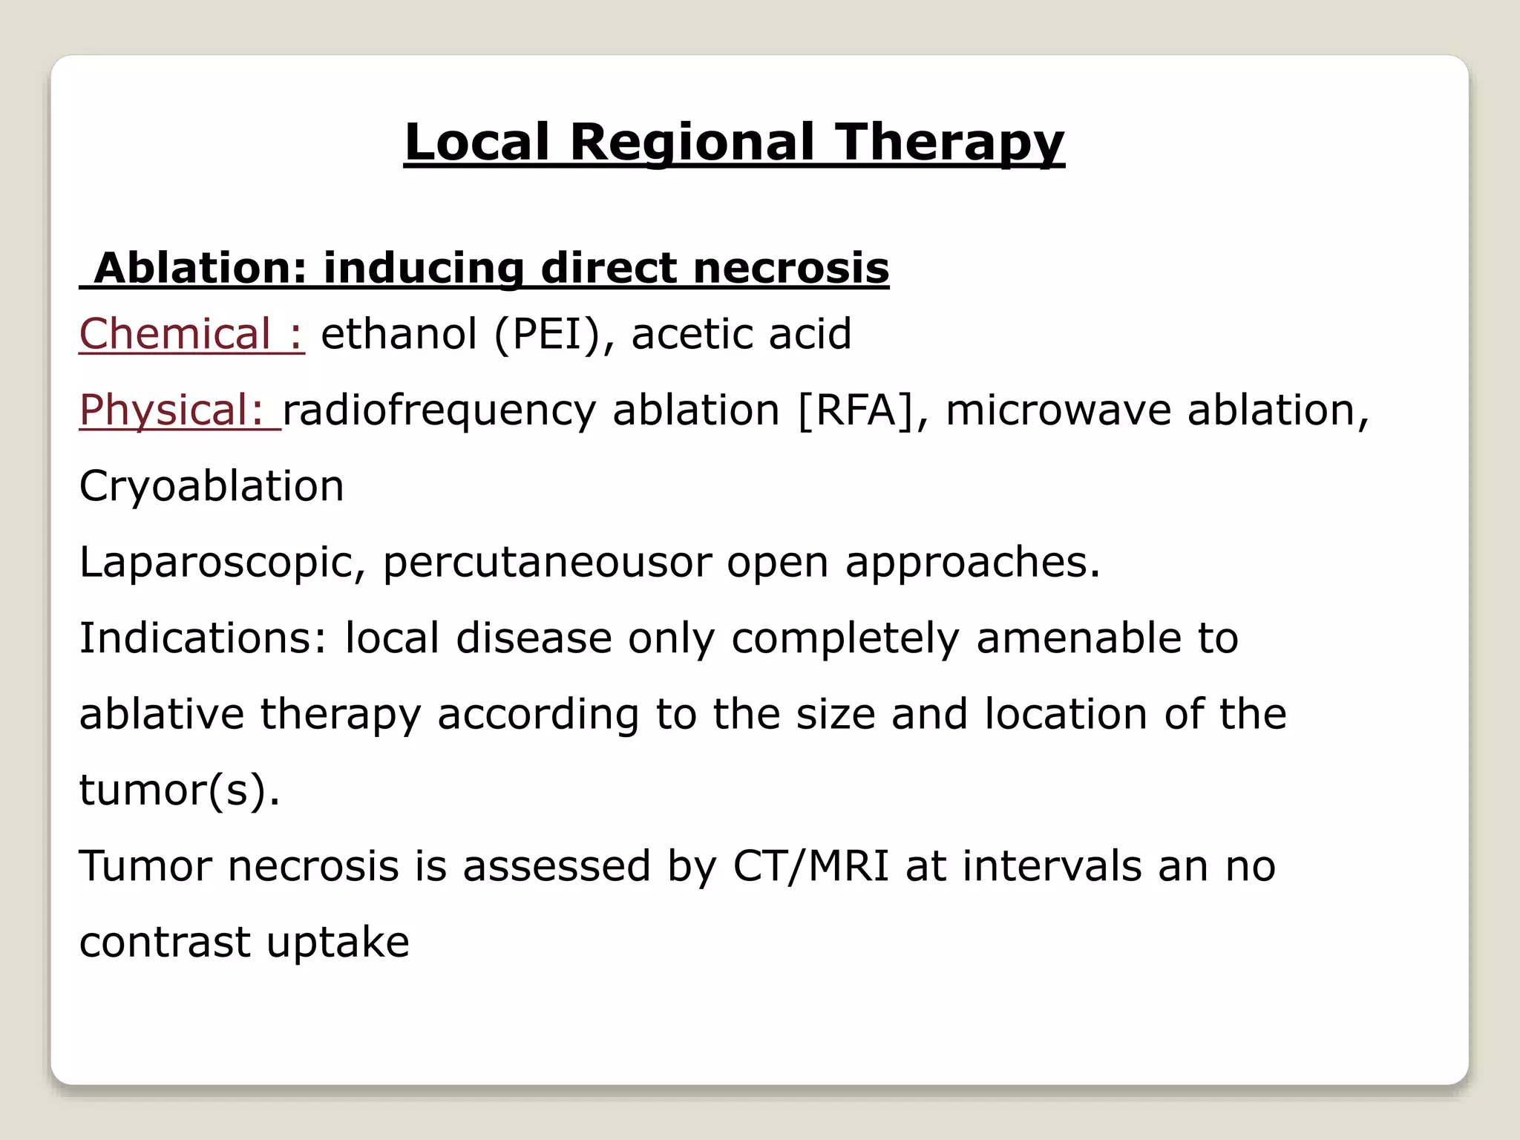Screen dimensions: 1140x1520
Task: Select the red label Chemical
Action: [175, 333]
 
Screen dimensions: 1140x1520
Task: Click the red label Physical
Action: [171, 410]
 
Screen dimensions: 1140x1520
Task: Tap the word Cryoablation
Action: [212, 486]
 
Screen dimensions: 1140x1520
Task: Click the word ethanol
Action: [399, 333]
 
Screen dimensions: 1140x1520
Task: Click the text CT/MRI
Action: [810, 865]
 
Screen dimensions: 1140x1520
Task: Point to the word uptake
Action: [338, 943]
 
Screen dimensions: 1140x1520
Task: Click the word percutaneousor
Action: [547, 562]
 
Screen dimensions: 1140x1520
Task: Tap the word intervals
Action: [1052, 865]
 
